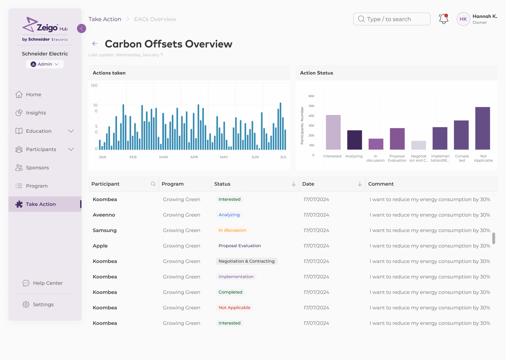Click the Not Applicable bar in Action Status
(x=482, y=128)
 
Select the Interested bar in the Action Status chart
(x=333, y=132)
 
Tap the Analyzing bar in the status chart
(x=355, y=140)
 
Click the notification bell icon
(x=443, y=19)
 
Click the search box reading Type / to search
(x=391, y=19)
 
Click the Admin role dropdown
(x=45, y=64)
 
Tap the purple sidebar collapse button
(x=81, y=28)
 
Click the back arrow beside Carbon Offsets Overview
(x=95, y=44)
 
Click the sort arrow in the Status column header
(x=294, y=184)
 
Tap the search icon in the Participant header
(x=153, y=184)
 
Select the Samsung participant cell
(x=105, y=230)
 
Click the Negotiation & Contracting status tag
(x=246, y=261)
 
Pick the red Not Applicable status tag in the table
(x=234, y=308)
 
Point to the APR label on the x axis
(x=194, y=157)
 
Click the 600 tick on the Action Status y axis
(x=311, y=96)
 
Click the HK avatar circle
(x=463, y=19)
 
